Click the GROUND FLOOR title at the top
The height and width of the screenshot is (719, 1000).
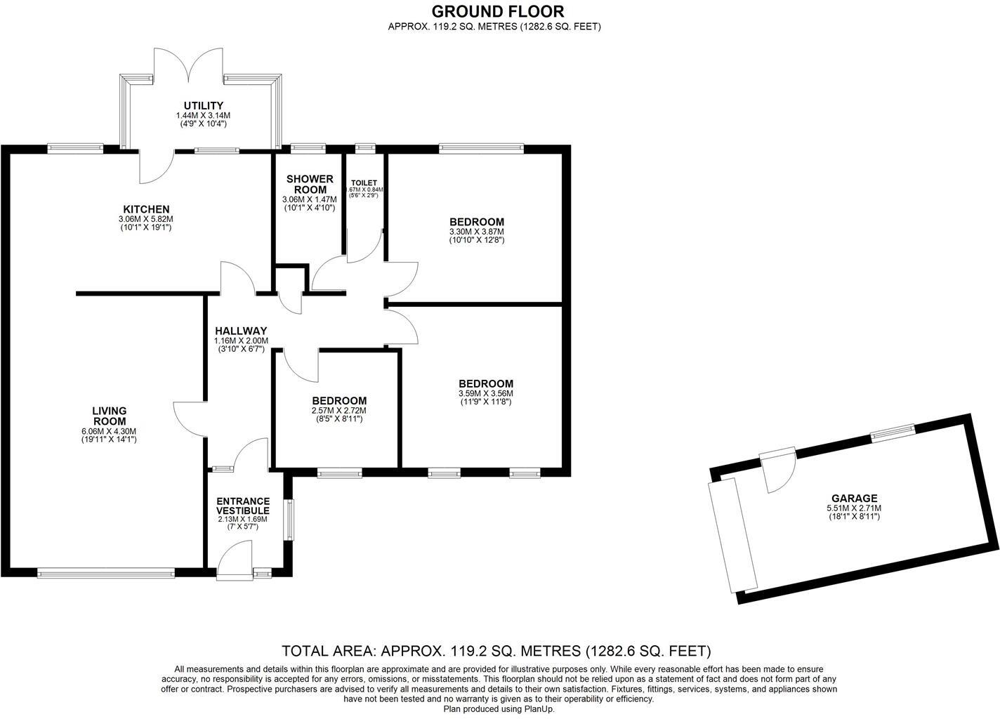coord(497,11)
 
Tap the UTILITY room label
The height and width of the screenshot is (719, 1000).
coord(204,106)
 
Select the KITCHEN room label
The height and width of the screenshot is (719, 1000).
coord(146,209)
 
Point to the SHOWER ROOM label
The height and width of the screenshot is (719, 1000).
coord(310,185)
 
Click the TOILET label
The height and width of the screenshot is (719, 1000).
coord(364,183)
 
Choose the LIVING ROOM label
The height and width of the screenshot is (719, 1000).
coord(109,416)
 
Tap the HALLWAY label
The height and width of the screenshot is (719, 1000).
coord(241,331)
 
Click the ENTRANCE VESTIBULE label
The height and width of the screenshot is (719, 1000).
coord(243,506)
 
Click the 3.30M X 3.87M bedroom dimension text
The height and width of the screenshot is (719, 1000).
coord(477,232)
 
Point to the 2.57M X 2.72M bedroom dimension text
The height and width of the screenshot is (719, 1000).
coord(338,411)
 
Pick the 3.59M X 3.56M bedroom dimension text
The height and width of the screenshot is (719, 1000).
coord(486,393)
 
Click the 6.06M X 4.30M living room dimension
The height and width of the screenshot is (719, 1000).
coord(109,431)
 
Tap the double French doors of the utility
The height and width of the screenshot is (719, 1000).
coord(188,67)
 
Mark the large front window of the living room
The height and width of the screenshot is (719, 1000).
coord(106,573)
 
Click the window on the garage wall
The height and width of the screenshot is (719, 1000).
coord(893,433)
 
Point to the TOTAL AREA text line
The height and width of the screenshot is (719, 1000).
coord(496,650)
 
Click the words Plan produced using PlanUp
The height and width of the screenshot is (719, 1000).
coord(499,709)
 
